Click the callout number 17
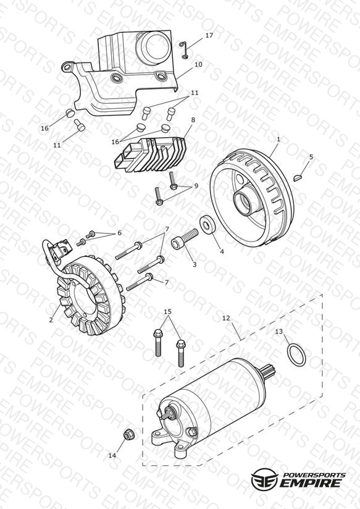pos(209,35)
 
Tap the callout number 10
pos(198,64)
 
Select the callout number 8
pos(193,120)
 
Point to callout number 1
pos(278,139)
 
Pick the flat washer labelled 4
pos(207,224)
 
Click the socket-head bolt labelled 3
pos(185,240)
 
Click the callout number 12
pos(226,318)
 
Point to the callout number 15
pos(167,311)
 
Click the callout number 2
pos(51,320)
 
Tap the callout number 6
pos(119,233)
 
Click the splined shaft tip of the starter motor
pos(270,371)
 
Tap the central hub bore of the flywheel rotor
pos(244,202)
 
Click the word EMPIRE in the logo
pos(311,483)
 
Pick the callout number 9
pos(196,186)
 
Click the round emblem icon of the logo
pos(264,479)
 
